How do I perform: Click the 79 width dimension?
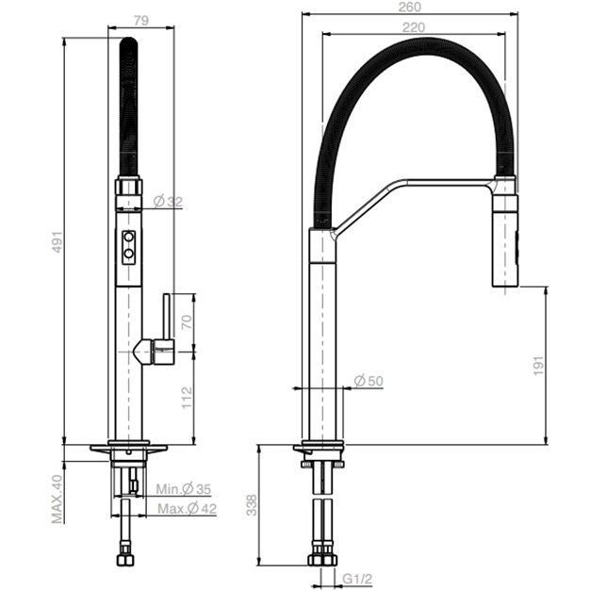(141, 21)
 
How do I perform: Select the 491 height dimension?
(57, 241)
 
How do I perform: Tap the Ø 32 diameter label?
(168, 202)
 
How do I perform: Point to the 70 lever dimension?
(187, 322)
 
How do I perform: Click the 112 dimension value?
(187, 398)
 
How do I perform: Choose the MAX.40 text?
(57, 499)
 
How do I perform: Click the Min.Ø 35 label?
(184, 489)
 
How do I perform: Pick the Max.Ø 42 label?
(187, 509)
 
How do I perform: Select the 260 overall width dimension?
(409, 7)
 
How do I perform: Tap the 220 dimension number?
(414, 27)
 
